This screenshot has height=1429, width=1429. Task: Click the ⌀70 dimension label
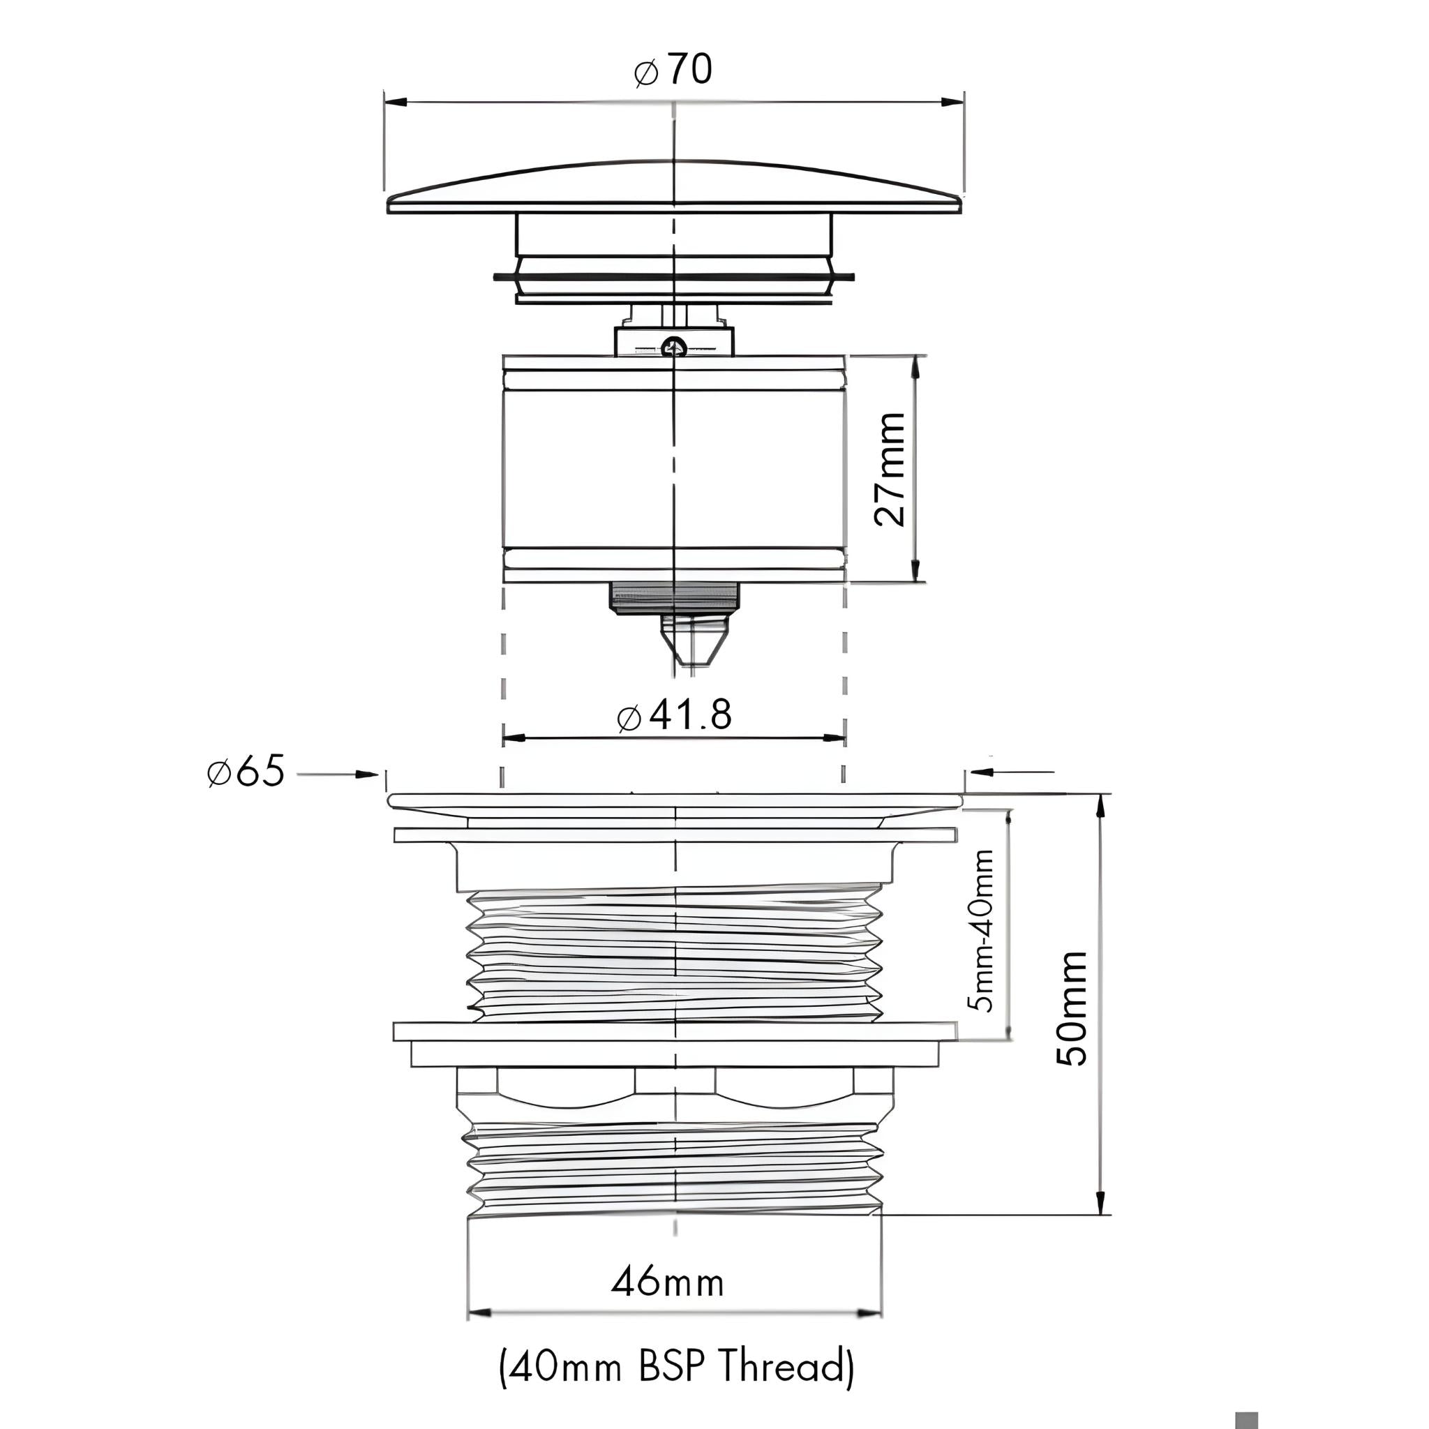point(673,70)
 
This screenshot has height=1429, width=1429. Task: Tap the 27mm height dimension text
point(889,469)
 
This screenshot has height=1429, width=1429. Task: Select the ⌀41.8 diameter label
point(674,714)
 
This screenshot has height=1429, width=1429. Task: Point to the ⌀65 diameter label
point(246,772)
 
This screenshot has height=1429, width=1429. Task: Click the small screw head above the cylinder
point(674,345)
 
